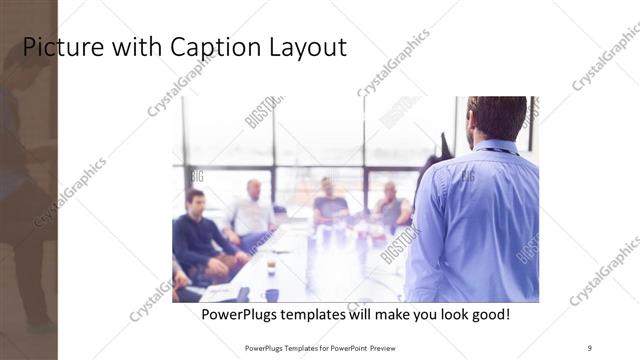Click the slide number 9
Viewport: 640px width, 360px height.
[x=590, y=347]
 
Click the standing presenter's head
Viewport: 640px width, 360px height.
[x=496, y=115]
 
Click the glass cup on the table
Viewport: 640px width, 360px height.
[x=271, y=265]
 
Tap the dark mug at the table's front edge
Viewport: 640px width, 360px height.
[x=272, y=295]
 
